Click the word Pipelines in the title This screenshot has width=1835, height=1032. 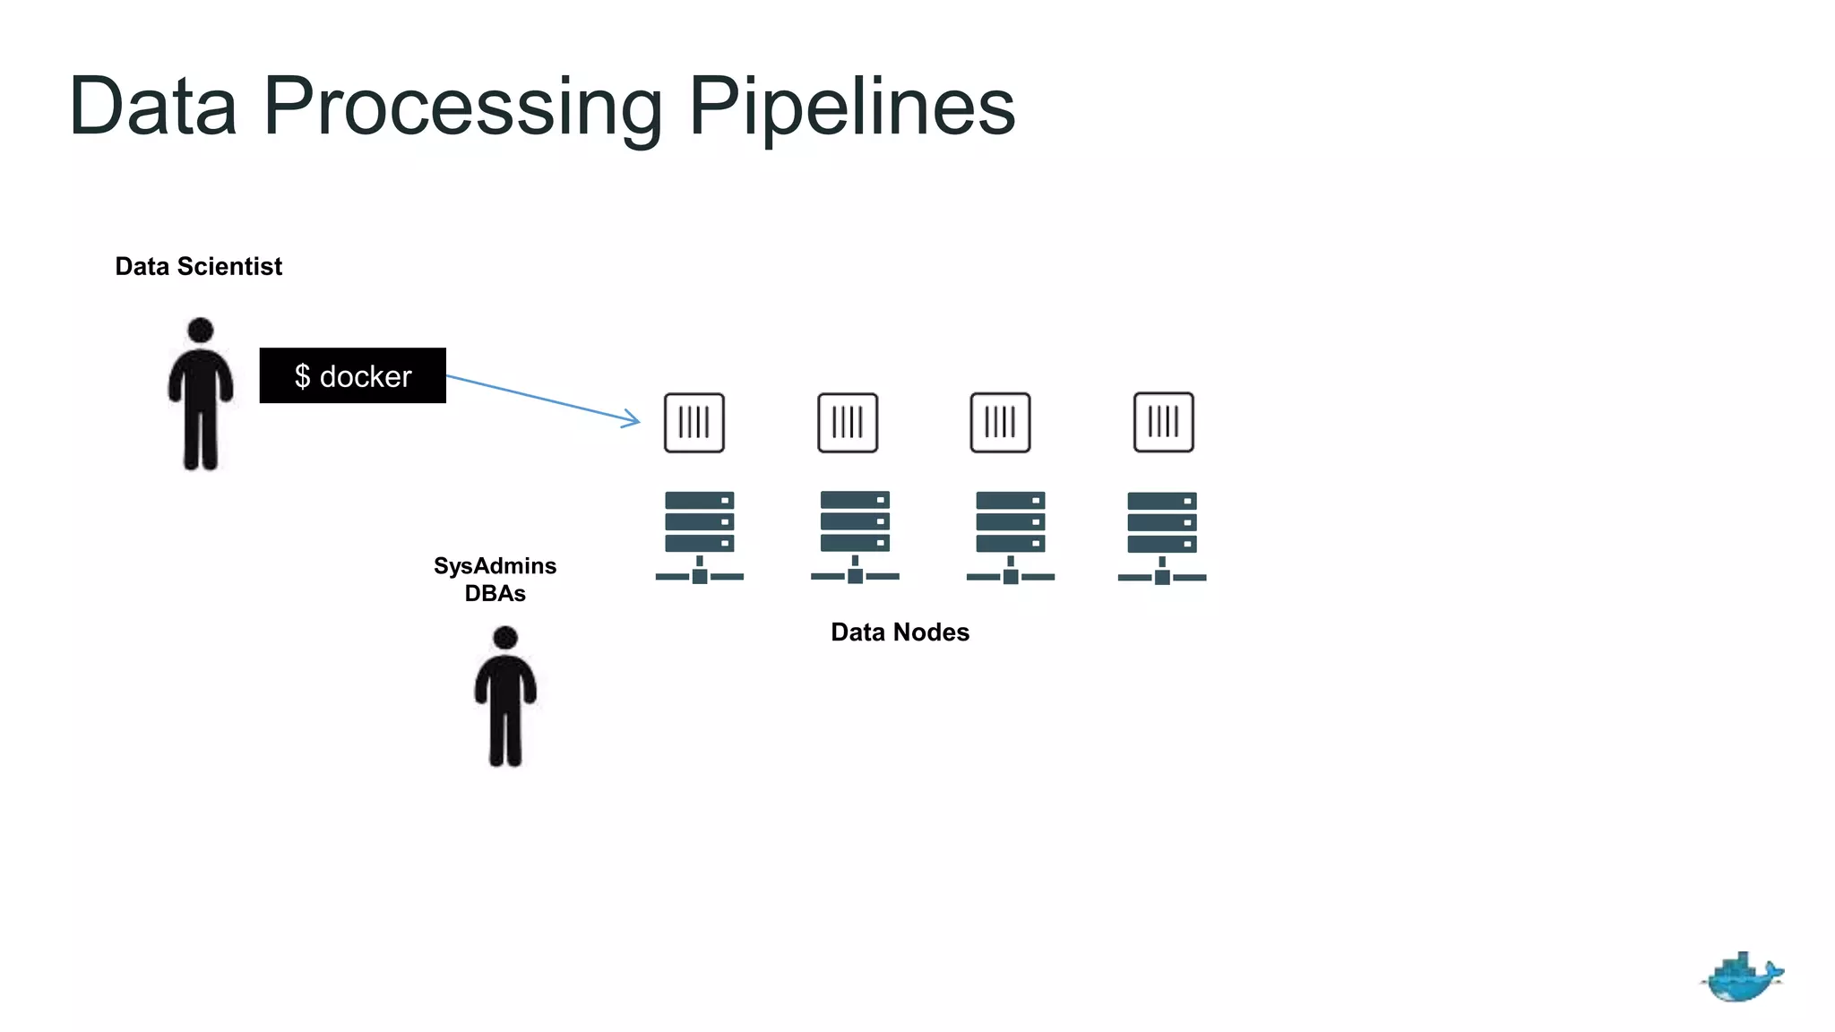[x=851, y=107]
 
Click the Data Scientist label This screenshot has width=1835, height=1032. [x=198, y=266]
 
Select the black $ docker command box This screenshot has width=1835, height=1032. [x=352, y=375]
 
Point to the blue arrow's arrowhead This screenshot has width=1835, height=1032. [x=634, y=419]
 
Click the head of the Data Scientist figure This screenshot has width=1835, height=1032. [x=201, y=330]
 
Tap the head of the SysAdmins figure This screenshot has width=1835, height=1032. [x=505, y=637]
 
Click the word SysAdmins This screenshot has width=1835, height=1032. [x=495, y=565]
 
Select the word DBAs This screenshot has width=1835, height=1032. [x=495, y=593]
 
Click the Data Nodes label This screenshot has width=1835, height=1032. [x=900, y=632]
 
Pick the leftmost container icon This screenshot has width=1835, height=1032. [x=694, y=422]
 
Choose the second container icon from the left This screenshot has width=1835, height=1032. [x=848, y=422]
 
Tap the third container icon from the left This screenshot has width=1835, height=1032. [x=1000, y=422]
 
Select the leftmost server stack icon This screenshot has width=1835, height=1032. [x=700, y=536]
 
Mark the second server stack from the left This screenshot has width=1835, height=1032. [x=855, y=536]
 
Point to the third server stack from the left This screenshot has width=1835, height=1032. [x=1010, y=536]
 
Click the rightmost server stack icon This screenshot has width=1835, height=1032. [x=1162, y=536]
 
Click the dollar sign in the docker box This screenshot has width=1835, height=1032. [x=303, y=376]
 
